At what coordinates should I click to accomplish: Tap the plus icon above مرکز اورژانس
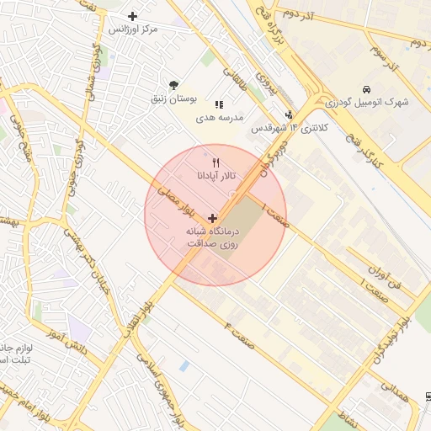click(x=132, y=16)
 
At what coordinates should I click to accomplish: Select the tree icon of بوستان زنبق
click(x=173, y=85)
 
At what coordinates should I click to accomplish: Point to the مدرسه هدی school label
click(x=219, y=117)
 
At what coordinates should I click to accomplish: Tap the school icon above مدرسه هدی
click(x=219, y=104)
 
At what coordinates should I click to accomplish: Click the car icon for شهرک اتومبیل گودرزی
click(x=366, y=89)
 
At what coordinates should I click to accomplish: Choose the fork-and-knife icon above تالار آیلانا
click(x=216, y=162)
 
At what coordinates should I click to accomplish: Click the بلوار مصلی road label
click(x=178, y=195)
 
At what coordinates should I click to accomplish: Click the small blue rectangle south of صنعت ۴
click(x=184, y=366)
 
